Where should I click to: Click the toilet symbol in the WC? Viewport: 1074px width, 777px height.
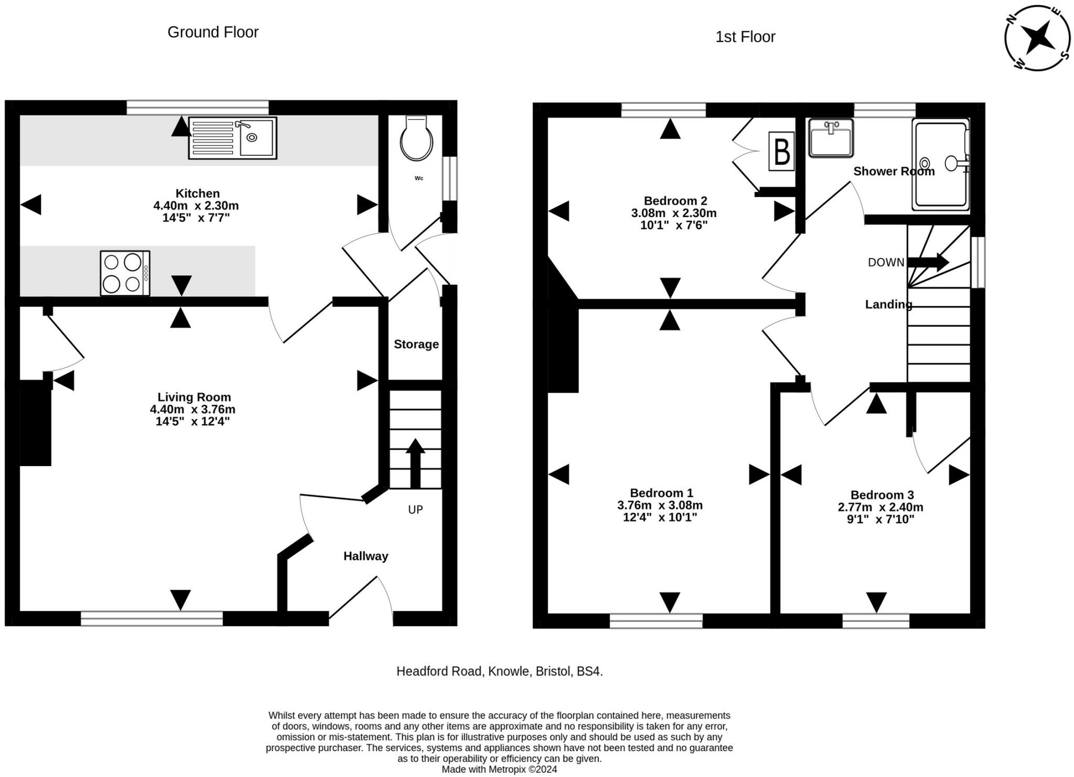[416, 138]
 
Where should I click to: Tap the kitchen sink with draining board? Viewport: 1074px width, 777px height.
[232, 138]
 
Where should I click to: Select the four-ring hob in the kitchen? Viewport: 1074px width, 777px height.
[125, 273]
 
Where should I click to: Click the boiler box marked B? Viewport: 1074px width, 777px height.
[781, 152]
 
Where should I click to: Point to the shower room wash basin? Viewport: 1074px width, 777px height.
[831, 138]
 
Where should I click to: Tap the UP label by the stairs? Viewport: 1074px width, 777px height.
[415, 510]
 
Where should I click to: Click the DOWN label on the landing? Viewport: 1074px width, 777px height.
[886, 262]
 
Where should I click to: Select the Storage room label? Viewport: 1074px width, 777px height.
[416, 344]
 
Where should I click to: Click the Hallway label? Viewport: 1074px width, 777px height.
[366, 556]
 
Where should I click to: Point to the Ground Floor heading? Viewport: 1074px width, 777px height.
[213, 32]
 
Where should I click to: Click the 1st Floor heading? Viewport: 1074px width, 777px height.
[745, 37]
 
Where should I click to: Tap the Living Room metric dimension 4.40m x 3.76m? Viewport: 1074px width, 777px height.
[192, 409]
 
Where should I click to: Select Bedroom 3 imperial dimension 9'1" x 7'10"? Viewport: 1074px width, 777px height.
[880, 520]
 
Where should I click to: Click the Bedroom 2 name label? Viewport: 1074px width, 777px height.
[675, 201]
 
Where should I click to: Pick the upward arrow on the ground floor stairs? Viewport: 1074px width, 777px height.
[415, 463]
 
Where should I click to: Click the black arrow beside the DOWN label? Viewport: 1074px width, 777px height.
[928, 262]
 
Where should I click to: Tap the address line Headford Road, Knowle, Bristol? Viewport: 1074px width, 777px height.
[500, 671]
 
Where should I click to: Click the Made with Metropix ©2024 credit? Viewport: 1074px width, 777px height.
[499, 770]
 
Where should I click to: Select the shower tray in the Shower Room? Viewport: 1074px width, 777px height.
[941, 165]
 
